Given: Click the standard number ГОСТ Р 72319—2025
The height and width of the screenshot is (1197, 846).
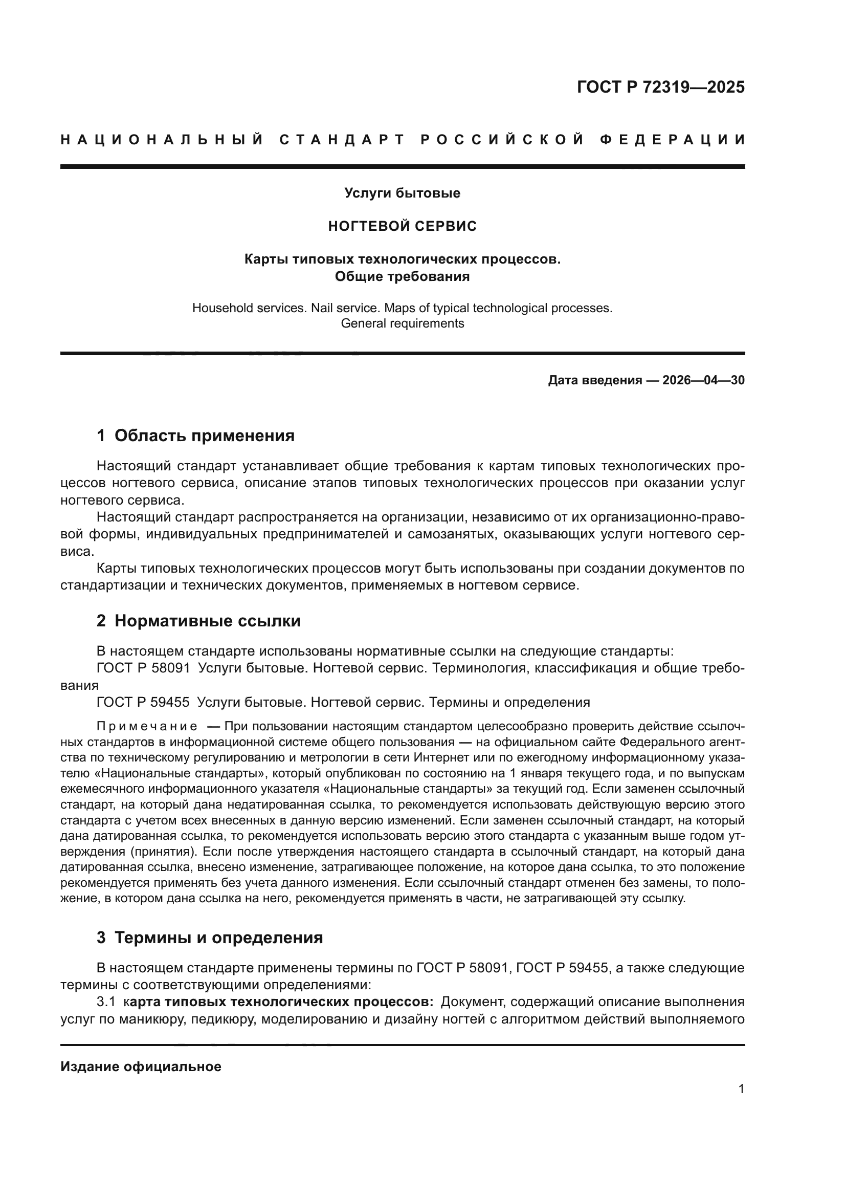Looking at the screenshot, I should tap(660, 87).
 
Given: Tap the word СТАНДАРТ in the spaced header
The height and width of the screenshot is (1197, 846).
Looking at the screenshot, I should tap(342, 140).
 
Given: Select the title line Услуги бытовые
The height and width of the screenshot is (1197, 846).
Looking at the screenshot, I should tap(402, 193).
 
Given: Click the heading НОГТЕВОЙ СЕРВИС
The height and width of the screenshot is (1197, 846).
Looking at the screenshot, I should tap(402, 226).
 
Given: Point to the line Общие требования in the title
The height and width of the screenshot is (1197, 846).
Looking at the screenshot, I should tap(402, 276).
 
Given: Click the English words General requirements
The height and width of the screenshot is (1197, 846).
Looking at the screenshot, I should tap(402, 323).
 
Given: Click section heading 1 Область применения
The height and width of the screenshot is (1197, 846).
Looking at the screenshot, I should tap(195, 436).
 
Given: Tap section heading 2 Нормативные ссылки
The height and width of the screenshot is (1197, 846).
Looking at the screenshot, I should tap(198, 621).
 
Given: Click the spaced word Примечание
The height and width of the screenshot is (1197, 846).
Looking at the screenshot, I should tap(147, 727).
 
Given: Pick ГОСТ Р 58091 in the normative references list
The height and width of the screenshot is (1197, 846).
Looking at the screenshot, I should tap(143, 668).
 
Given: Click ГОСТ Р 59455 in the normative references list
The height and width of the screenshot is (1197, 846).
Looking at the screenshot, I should tap(143, 702).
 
